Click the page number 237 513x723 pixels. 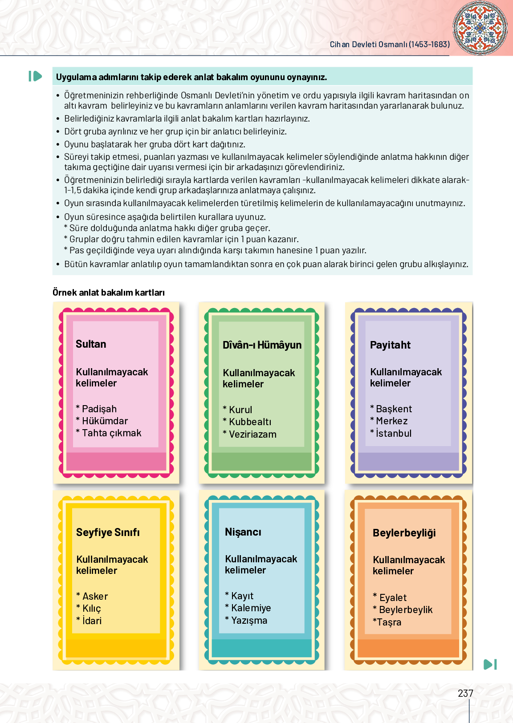(465, 693)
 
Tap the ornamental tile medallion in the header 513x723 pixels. (480, 28)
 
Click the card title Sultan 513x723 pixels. (91, 344)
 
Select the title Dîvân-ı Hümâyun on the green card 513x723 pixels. (262, 345)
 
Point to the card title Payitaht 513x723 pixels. (390, 345)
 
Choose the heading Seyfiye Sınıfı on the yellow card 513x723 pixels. (108, 532)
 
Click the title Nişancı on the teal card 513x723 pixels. (243, 532)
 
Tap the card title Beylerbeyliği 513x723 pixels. (404, 533)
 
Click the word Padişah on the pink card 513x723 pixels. (99, 409)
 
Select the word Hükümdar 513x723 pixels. (105, 421)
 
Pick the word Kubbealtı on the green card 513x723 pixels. (250, 422)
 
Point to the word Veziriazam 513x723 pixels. (252, 434)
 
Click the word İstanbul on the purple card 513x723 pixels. (394, 433)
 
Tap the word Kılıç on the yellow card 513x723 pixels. (92, 609)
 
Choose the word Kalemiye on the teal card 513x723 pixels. (251, 608)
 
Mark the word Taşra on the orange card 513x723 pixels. (389, 622)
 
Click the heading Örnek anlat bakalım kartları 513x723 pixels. (109, 292)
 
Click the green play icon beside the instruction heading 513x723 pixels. (35, 77)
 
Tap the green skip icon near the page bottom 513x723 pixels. (490, 664)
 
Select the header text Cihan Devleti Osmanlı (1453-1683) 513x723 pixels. (390, 45)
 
